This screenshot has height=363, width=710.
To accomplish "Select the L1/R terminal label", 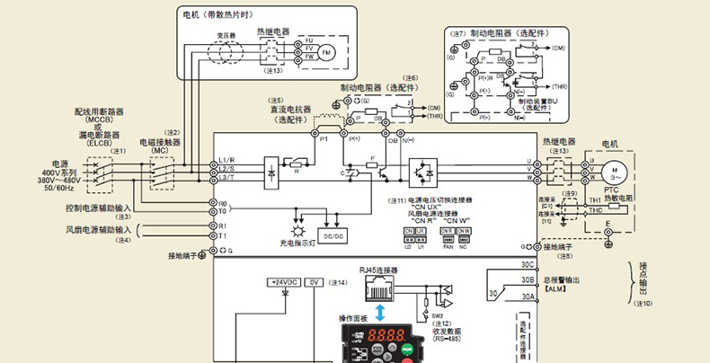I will tap(226, 160).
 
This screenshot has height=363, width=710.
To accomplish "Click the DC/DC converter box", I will tap(333, 235).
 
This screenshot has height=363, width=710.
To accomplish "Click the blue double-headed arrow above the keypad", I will tap(382, 311).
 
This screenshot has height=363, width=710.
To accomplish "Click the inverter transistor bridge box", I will tap(422, 170).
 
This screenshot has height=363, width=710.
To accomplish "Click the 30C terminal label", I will tap(528, 265).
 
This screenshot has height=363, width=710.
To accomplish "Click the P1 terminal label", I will tap(324, 140).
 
